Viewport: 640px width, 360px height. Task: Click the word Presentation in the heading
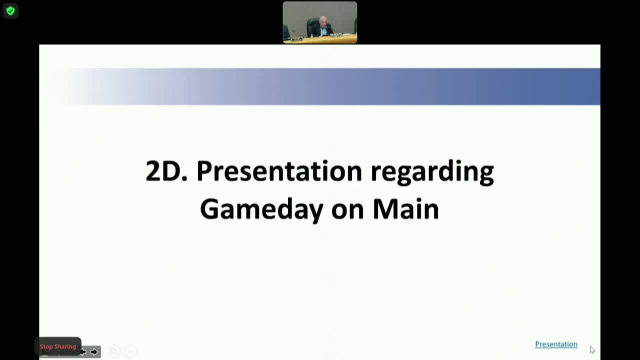click(x=279, y=171)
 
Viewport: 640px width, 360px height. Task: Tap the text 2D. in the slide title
click(x=166, y=171)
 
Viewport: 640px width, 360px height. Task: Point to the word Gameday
click(x=261, y=209)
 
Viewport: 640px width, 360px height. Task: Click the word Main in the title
click(x=405, y=209)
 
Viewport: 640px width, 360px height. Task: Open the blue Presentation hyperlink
click(x=556, y=344)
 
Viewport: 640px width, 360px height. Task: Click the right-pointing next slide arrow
click(x=94, y=352)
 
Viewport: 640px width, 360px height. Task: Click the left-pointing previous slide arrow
click(x=83, y=352)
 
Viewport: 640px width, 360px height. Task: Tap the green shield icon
click(x=10, y=10)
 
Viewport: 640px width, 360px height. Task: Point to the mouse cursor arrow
click(x=592, y=349)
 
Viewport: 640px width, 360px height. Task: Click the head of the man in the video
click(x=323, y=20)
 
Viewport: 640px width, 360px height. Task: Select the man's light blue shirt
click(x=324, y=31)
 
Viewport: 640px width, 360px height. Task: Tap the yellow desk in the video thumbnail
click(x=320, y=39)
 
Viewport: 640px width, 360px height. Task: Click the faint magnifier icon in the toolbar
click(x=114, y=352)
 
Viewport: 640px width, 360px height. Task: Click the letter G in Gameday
click(x=209, y=209)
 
